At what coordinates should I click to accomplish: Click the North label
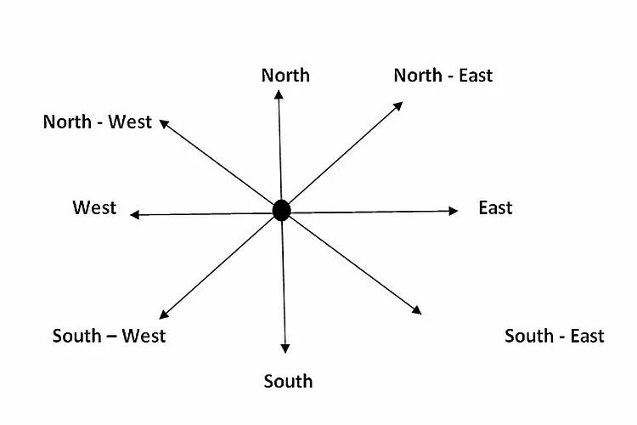285,75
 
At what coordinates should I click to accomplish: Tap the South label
288,381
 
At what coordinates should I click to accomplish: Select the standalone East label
495,208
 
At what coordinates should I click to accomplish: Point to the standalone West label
94,208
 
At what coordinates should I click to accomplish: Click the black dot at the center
281,210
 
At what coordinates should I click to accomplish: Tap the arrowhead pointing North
279,93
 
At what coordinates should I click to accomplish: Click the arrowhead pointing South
285,348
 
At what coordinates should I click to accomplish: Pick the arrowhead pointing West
135,215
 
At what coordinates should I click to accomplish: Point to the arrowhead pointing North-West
164,122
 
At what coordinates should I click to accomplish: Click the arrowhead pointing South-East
416,310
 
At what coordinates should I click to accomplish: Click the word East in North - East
475,75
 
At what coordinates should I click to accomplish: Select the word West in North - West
130,122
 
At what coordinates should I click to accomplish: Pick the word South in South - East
529,336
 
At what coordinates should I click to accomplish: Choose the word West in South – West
144,335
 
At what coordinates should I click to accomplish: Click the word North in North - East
418,75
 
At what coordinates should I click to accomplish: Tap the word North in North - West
67,122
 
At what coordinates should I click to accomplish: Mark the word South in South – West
76,335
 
